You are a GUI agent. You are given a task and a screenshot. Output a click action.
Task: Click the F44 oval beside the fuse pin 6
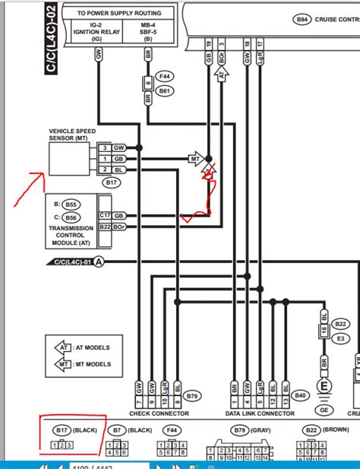(x=164, y=78)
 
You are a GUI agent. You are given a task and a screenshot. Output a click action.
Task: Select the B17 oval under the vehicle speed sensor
(x=112, y=183)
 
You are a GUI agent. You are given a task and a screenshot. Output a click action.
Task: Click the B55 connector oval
(x=72, y=204)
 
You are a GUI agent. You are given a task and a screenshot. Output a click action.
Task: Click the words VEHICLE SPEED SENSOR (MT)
(x=73, y=135)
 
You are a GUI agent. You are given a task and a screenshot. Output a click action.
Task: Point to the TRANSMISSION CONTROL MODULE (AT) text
(x=71, y=234)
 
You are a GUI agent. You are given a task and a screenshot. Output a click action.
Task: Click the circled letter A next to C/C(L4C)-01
(x=98, y=261)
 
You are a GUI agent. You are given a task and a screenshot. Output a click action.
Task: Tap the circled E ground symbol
(x=324, y=386)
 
